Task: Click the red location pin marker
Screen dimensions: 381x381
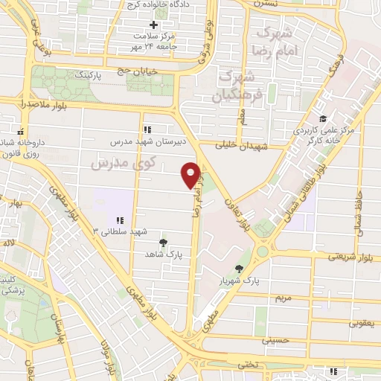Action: pos(191,174)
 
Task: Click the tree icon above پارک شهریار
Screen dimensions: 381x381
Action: pos(239,269)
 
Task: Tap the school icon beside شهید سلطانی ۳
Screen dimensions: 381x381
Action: pos(119,220)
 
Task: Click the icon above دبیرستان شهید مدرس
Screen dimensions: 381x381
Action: pos(147,128)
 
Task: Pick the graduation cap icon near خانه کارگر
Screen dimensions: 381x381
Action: pos(322,119)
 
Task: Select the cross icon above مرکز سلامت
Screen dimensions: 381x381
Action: pos(155,25)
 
